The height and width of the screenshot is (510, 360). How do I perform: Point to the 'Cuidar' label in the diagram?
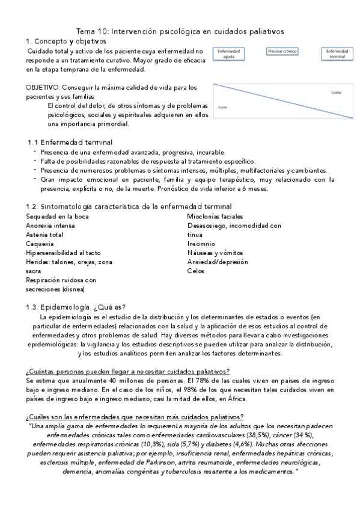point(337,92)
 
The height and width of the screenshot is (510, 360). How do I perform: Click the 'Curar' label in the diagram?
point(222,106)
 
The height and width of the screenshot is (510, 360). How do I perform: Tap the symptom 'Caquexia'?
point(40,244)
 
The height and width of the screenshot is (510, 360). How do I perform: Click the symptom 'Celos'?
point(196,271)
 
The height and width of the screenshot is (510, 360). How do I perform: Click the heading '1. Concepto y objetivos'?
point(66,41)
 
